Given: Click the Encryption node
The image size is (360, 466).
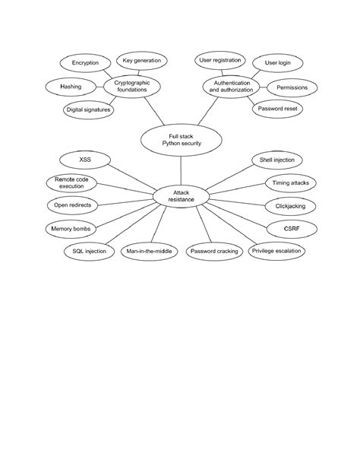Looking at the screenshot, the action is point(85,62).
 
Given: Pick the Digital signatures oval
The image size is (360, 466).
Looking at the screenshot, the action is point(87,110).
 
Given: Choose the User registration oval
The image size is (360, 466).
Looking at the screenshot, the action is point(219,59).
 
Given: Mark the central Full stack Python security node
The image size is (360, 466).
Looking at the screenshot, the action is point(179,139).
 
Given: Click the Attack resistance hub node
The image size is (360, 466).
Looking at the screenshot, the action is point(180,196).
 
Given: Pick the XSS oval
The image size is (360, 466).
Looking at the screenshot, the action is point(85,160).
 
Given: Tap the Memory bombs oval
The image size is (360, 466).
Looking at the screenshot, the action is point(71,228).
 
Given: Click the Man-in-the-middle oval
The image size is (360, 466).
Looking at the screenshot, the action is point(149,251).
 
